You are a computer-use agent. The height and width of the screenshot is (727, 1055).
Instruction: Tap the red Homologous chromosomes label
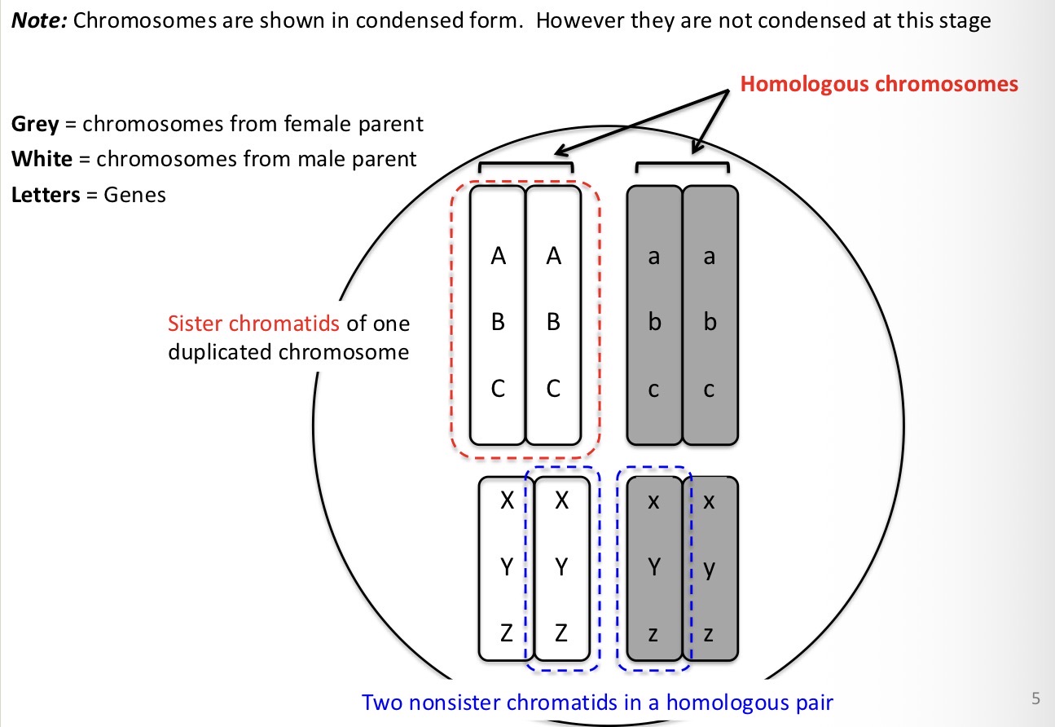[x=879, y=83]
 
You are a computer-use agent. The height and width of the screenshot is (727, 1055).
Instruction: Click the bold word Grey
[x=35, y=125]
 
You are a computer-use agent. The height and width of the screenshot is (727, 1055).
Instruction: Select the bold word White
[x=41, y=159]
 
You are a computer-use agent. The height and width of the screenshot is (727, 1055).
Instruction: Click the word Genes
[x=134, y=195]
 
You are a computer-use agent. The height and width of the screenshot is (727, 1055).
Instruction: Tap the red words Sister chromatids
[x=253, y=324]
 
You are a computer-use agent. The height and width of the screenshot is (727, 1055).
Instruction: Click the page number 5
[x=1036, y=698]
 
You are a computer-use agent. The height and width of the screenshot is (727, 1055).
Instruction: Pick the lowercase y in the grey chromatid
[x=709, y=568]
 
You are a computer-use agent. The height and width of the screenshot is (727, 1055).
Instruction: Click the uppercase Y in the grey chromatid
[x=653, y=568]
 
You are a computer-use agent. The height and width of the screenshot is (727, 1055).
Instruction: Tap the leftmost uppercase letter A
[x=499, y=257]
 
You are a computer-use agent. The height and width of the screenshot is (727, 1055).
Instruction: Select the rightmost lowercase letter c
[x=709, y=390]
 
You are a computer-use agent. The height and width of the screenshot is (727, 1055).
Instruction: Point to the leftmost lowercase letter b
[x=653, y=324]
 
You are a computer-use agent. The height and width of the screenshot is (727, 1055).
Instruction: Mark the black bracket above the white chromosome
[x=525, y=165]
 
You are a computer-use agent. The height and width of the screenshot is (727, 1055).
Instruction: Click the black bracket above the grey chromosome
[x=682, y=165]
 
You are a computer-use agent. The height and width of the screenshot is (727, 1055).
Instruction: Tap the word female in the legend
[x=296, y=125]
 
